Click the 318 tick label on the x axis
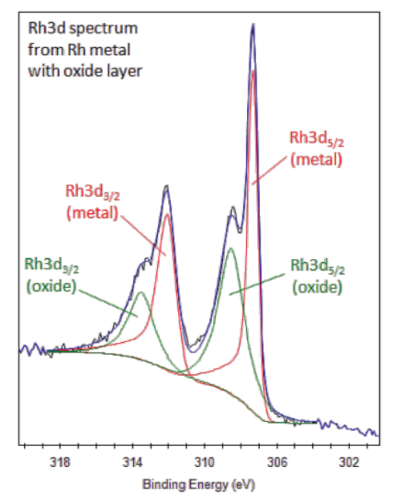(x=62, y=461)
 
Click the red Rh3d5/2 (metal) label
(x=317, y=148)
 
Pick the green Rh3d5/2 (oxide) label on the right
(x=318, y=275)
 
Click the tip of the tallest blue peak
(x=252, y=25)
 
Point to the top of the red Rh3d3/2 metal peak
(x=167, y=215)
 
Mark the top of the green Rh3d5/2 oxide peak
(x=230, y=248)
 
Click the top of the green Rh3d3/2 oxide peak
(x=140, y=293)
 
